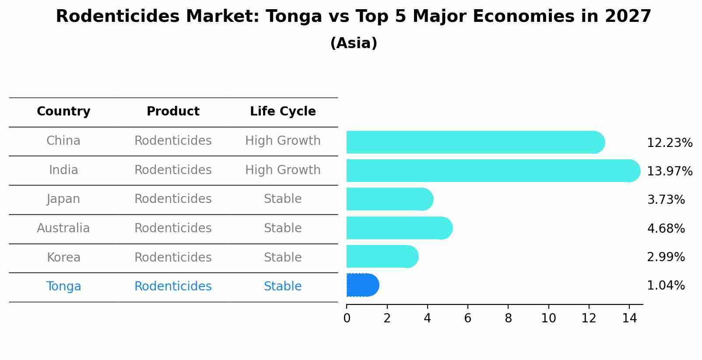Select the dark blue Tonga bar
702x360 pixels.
[362, 285]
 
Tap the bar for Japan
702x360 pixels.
[390, 199]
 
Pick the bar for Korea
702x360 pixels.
[382, 257]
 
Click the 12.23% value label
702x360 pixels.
[669, 143]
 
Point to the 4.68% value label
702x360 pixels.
[666, 228]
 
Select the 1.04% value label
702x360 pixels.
[666, 286]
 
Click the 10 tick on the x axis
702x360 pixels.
[548, 318]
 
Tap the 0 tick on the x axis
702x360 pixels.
[347, 318]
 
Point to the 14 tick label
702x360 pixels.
[629, 318]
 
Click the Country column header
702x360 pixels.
[63, 112]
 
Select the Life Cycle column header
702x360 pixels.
[283, 112]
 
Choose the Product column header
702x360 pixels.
[173, 112]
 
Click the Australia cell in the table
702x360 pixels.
[63, 228]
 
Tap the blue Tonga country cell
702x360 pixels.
[63, 287]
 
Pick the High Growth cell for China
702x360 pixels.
[283, 141]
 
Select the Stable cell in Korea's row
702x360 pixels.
[283, 257]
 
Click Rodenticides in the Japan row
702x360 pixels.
[173, 199]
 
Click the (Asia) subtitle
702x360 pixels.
[354, 43]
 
